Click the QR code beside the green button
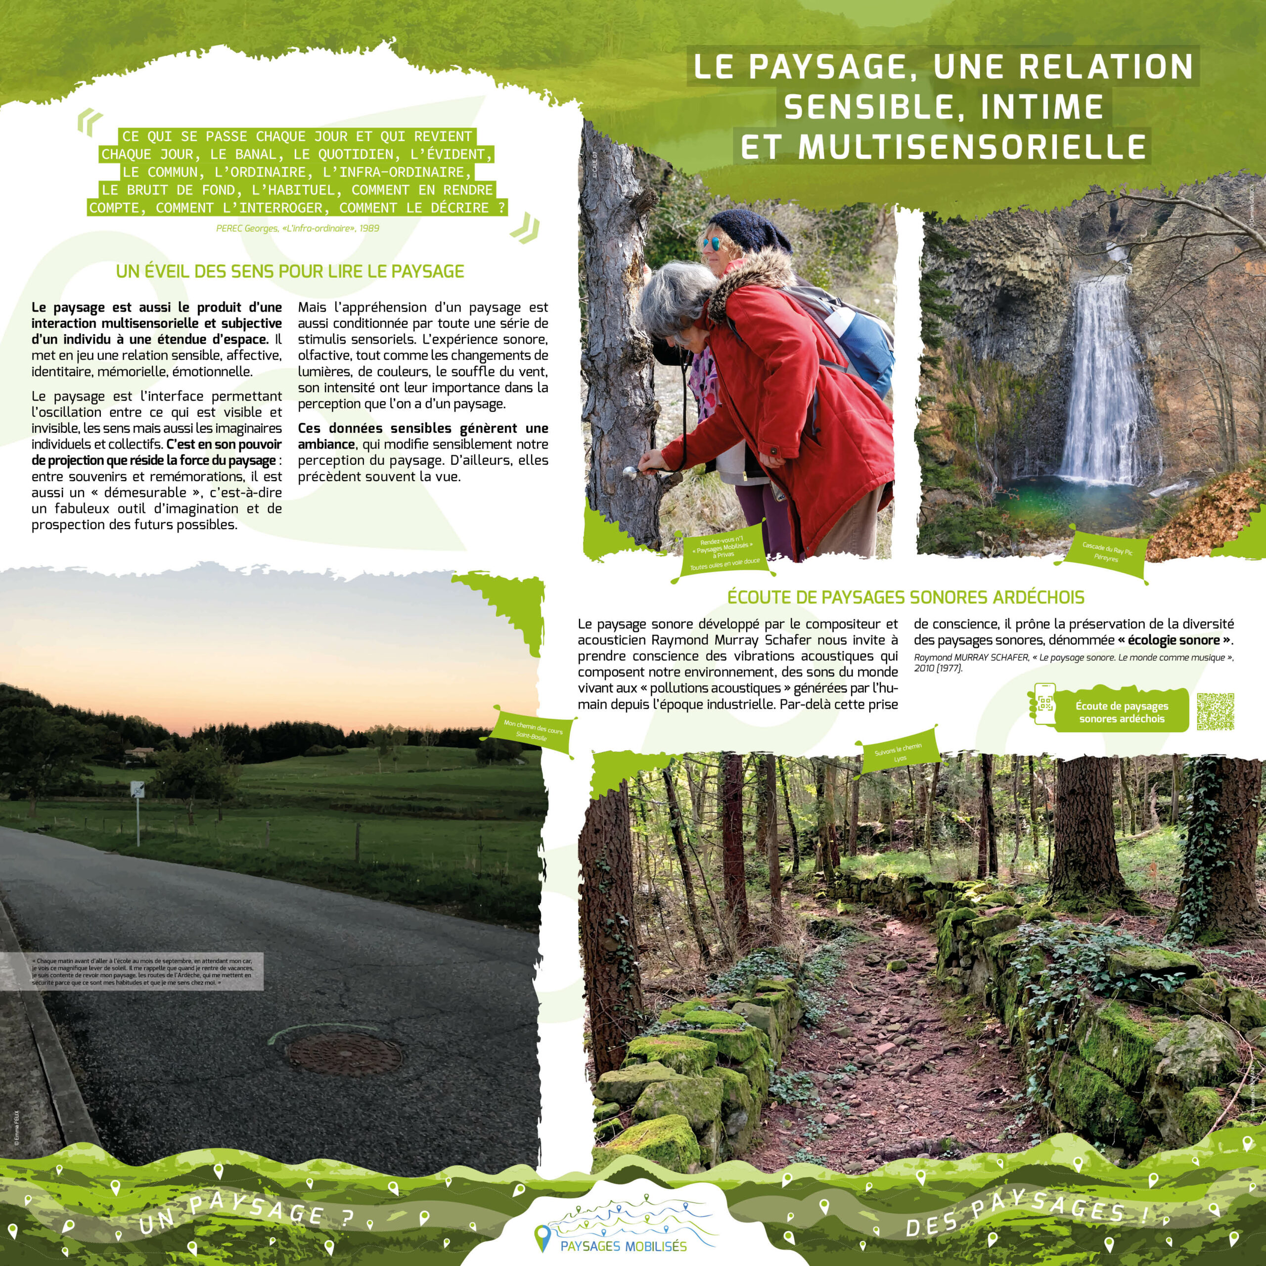coord(1215,712)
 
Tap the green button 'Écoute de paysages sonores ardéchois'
coord(1121,712)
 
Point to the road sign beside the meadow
coord(137,790)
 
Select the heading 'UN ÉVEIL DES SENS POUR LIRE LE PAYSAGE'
coord(290,271)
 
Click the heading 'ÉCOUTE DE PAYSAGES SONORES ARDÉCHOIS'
coord(905,597)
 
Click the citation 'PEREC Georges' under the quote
coord(298,228)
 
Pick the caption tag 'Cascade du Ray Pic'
coord(1107,552)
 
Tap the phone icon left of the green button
coord(1044,704)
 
